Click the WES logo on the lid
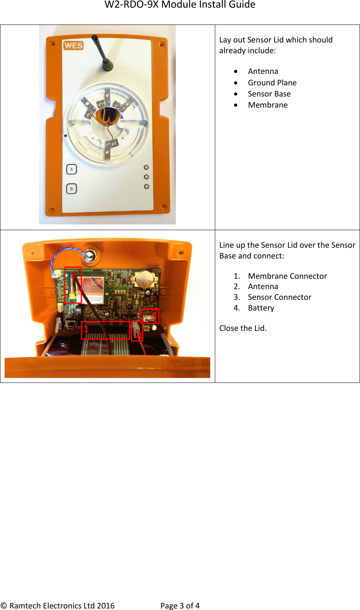pos(73,46)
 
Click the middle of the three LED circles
pos(146,177)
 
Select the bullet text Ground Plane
pos(272,83)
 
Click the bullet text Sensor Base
pos(269,94)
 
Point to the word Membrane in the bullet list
pos(267,105)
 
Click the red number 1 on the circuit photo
pos(86,329)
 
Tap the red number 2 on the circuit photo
pos(74,274)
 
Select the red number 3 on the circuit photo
pos(154,316)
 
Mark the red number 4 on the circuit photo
pos(139,336)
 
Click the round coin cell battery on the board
pos(145,279)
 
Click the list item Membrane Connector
pos(287,276)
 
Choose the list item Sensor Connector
pos(279,297)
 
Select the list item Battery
pos(261,308)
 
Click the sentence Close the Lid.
pos(243,328)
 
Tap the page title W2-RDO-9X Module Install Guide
pos(180,5)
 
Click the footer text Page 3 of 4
pos(180,605)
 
